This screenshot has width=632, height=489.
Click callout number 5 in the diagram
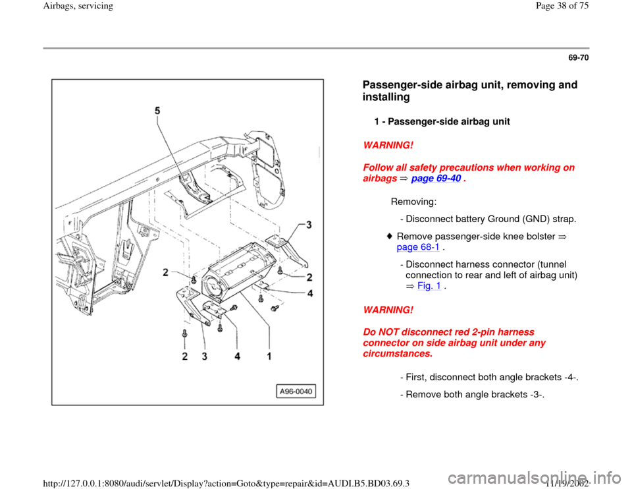click(157, 112)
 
